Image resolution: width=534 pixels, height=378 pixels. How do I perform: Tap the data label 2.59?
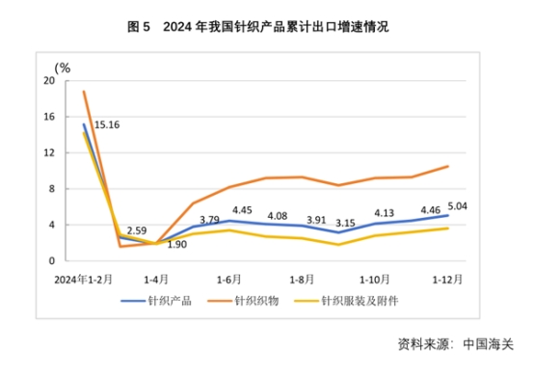coord(135,230)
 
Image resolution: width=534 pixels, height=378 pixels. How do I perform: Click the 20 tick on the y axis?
coord(48,81)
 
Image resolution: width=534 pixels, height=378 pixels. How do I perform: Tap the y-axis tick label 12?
coord(48,153)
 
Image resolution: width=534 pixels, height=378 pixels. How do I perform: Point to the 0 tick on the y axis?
coord(51,261)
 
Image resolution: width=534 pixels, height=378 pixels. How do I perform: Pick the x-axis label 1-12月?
coord(445,279)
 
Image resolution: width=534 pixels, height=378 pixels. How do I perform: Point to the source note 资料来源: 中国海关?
coord(457,343)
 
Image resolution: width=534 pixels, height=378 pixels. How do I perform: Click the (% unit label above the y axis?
coord(63,67)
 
